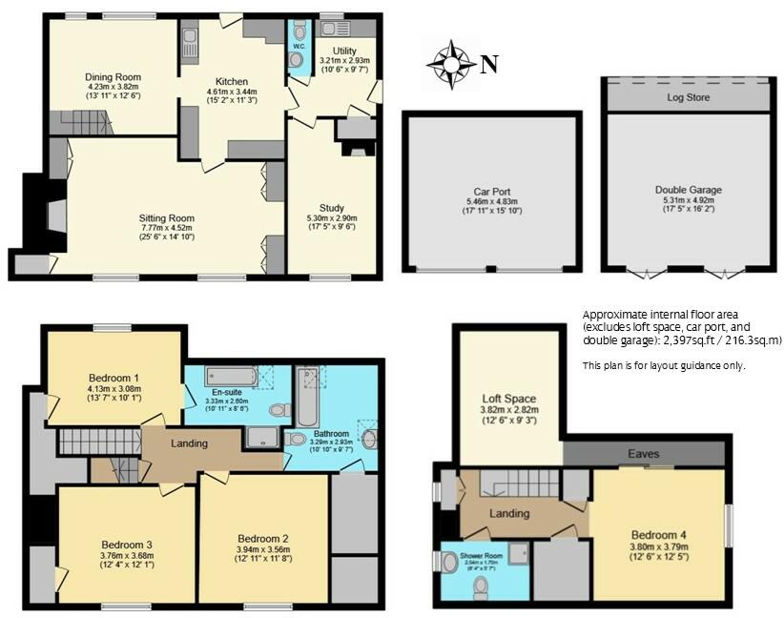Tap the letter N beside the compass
(488, 65)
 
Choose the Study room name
(332, 208)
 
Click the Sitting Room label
(167, 218)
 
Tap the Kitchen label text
(233, 81)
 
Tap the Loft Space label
(508, 399)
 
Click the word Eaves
(644, 454)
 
